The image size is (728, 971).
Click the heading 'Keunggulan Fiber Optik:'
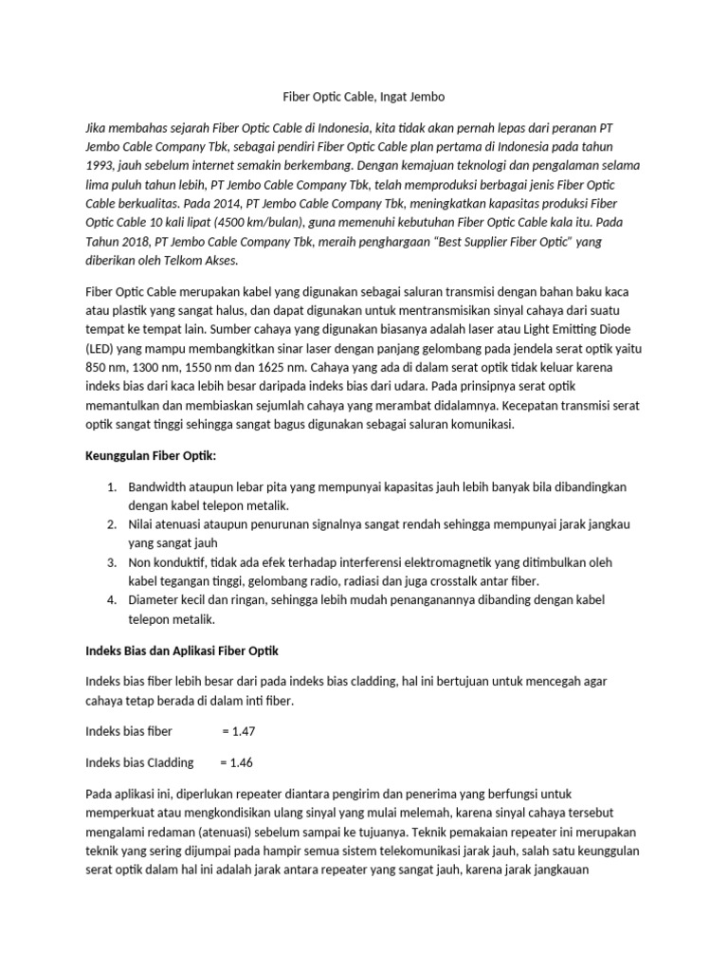point(151,457)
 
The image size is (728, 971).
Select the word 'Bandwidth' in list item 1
point(157,487)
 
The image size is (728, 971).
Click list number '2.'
point(111,524)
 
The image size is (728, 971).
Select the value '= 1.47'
point(238,731)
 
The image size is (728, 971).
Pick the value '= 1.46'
point(236,762)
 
